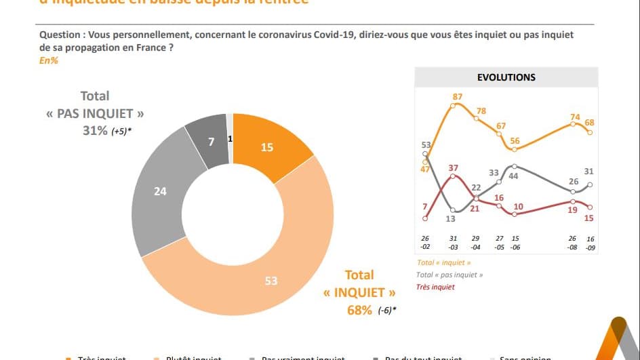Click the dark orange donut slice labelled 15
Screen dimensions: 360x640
click(x=267, y=147)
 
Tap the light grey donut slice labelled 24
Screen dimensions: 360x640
click(x=161, y=192)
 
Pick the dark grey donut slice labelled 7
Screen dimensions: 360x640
click(x=211, y=141)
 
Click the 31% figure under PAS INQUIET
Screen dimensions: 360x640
click(x=95, y=131)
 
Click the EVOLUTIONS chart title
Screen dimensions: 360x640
click(x=506, y=77)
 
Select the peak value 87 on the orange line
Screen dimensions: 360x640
click(x=458, y=97)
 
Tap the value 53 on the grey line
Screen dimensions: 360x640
click(x=426, y=144)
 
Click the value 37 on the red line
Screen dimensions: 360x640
click(x=454, y=167)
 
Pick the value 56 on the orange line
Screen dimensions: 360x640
click(x=515, y=141)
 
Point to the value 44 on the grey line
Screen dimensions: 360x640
click(x=515, y=176)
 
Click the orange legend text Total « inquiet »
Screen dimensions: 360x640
click(x=444, y=262)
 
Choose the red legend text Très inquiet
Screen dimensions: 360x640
click(x=436, y=287)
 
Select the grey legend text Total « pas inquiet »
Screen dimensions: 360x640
click(x=450, y=275)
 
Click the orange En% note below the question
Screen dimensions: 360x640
click(x=49, y=60)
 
